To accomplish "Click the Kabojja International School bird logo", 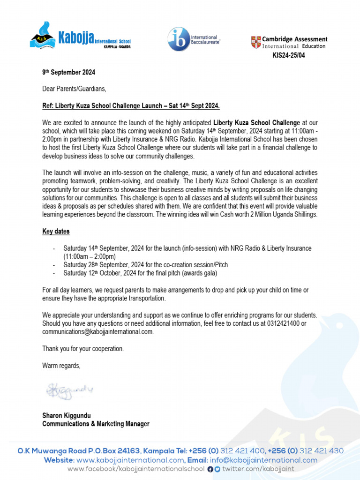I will point(43,37).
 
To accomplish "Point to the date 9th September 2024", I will point(68,73).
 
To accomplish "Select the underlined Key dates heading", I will point(56,232).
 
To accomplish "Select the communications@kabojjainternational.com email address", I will point(97,332).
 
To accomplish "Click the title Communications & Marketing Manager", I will point(96,424).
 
